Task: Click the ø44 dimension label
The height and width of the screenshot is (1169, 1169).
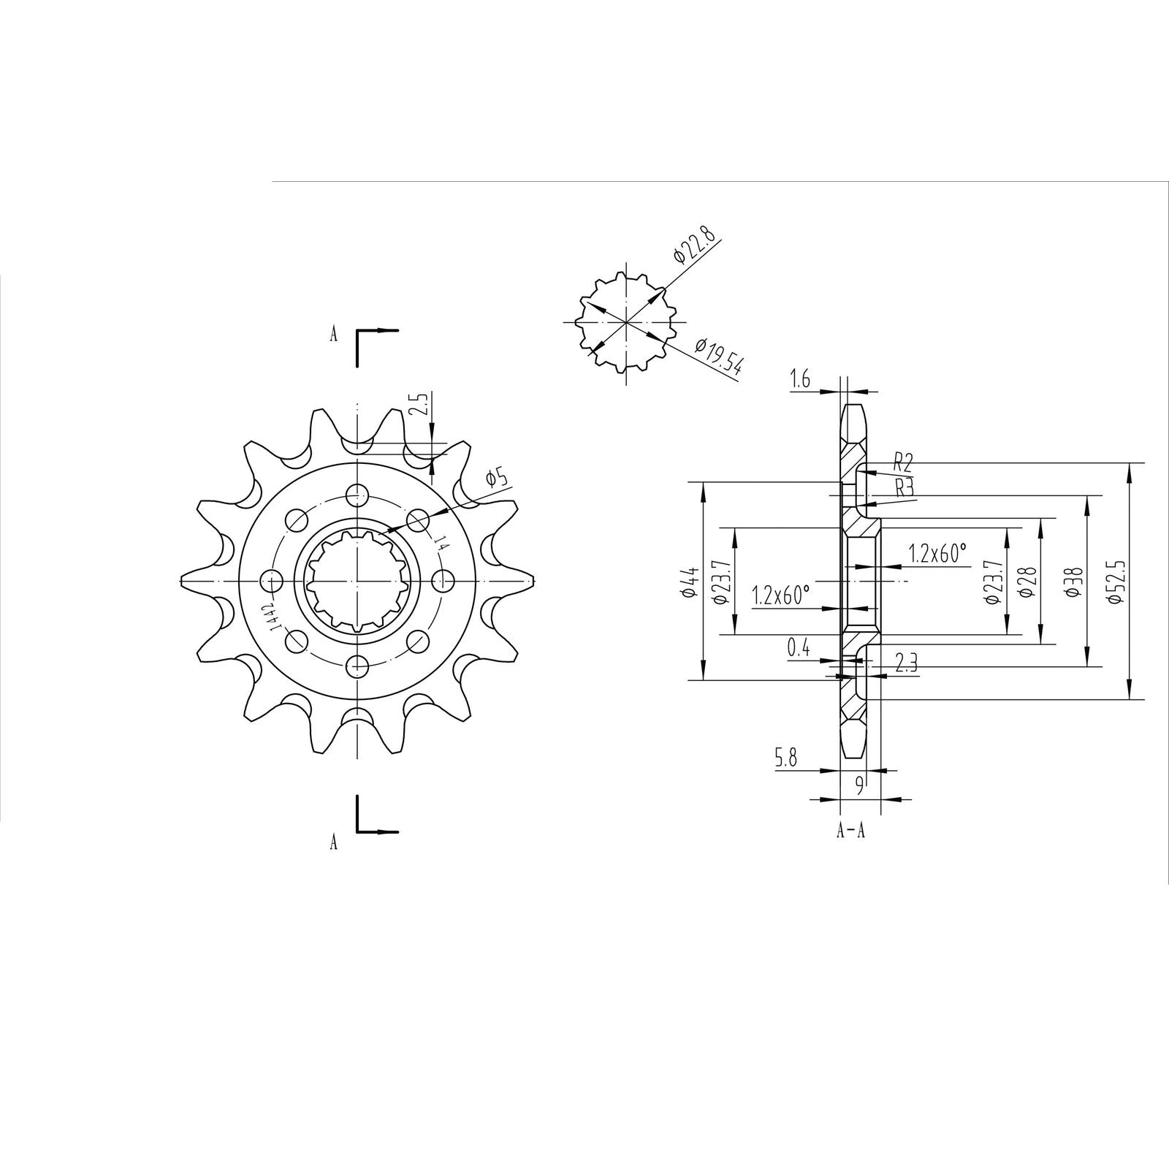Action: tap(688, 582)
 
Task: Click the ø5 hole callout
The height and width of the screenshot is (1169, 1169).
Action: tap(496, 479)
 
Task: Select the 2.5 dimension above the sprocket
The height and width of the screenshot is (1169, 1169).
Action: tap(418, 404)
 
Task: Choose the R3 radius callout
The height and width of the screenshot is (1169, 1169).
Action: tap(905, 487)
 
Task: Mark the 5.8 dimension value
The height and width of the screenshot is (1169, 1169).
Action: tap(786, 758)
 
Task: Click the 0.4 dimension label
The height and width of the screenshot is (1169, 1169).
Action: tap(798, 647)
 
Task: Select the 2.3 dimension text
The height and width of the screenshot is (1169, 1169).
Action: tap(906, 662)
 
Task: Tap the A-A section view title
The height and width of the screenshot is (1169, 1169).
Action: tap(850, 831)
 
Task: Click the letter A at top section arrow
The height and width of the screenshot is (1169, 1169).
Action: tap(334, 335)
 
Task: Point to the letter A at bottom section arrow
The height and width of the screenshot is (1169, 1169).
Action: tap(334, 842)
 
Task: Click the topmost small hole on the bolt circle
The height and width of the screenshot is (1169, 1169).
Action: tap(357, 492)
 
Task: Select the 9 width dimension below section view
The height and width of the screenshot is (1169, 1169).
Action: tap(860, 785)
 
